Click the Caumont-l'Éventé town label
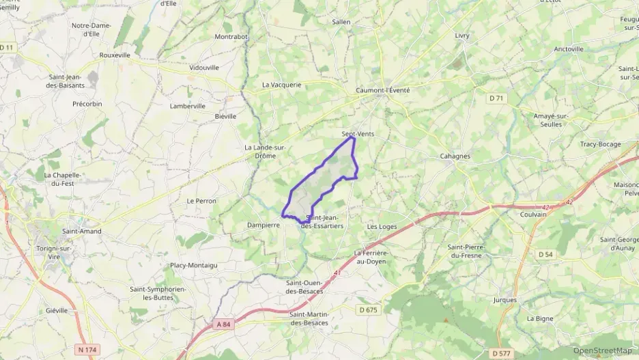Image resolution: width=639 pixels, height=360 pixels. pos(383,90)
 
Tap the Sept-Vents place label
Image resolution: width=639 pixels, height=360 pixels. pos(357,135)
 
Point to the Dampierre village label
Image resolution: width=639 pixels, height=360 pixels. pos(264,224)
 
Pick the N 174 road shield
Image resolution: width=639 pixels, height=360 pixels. pos(87,349)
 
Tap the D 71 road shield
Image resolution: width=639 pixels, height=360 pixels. pos(496,98)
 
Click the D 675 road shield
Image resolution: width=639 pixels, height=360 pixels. pos(368,309)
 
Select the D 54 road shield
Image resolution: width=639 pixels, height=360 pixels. pos(545,254)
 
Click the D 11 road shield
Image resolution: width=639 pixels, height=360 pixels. pos(7,47)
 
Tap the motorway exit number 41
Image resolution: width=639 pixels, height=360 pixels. pos(337,273)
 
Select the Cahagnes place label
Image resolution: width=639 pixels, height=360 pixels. pos(455,156)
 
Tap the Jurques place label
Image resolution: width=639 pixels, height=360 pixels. pos(505,299)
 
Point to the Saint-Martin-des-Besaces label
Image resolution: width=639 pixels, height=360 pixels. pos(309,318)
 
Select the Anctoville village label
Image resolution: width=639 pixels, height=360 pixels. pos(568,49)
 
